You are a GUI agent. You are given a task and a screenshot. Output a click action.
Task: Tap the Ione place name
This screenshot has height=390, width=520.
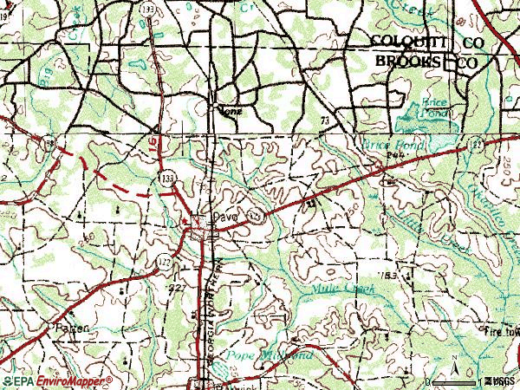pos(230,110)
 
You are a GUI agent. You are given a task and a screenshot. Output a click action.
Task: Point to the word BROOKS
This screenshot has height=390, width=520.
pos(406,62)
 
